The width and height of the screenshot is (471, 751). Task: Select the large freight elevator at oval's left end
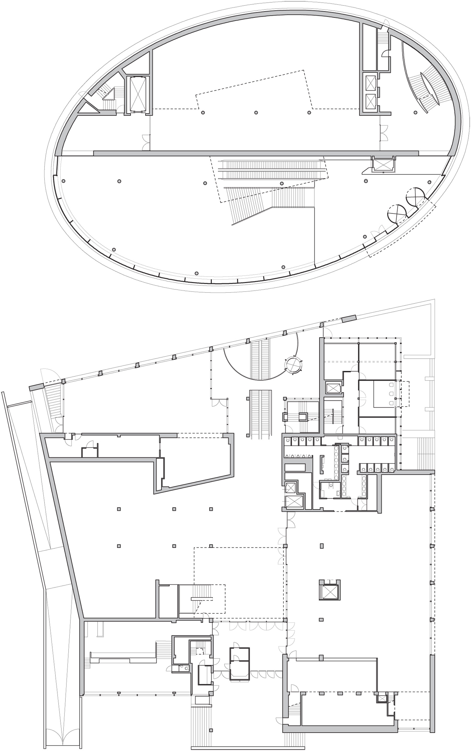[x=138, y=94]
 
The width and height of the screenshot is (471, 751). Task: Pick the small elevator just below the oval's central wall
[x=383, y=164]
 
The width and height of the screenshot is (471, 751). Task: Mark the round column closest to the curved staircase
[x=415, y=112]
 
